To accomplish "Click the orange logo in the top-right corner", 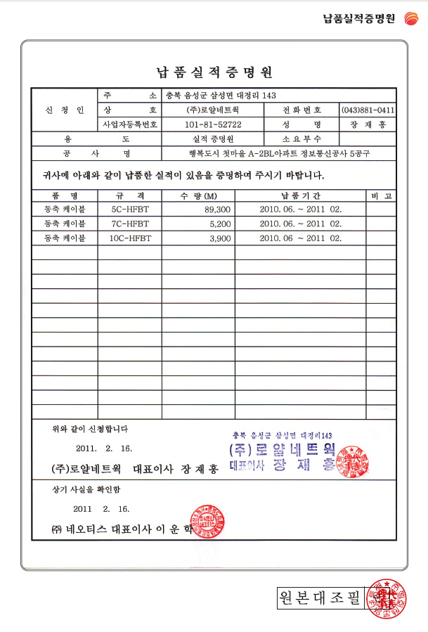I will (x=411, y=18).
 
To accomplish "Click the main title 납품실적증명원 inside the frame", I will (x=214, y=72).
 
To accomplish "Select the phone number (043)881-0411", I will (x=367, y=110).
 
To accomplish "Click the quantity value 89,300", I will (x=217, y=209).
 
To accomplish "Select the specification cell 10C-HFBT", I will (x=130, y=238).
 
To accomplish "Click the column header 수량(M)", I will (x=199, y=195).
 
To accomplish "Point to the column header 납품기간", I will (x=300, y=195).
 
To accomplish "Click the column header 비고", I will (x=381, y=195).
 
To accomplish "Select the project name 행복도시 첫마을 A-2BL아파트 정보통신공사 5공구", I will (x=279, y=153).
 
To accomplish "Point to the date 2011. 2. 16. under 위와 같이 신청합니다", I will (x=103, y=448).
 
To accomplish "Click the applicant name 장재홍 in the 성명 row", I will (x=368, y=124).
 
